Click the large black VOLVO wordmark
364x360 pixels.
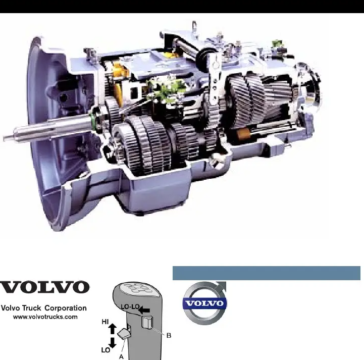(44, 287)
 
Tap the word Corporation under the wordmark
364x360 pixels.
(66, 308)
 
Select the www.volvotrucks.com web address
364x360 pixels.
(45, 317)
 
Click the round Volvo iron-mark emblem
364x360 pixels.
(205, 303)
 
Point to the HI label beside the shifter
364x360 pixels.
(105, 322)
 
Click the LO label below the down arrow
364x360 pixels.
(106, 350)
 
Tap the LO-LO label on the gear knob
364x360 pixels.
(130, 306)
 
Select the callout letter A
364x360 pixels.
(121, 356)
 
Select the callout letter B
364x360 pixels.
(169, 335)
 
